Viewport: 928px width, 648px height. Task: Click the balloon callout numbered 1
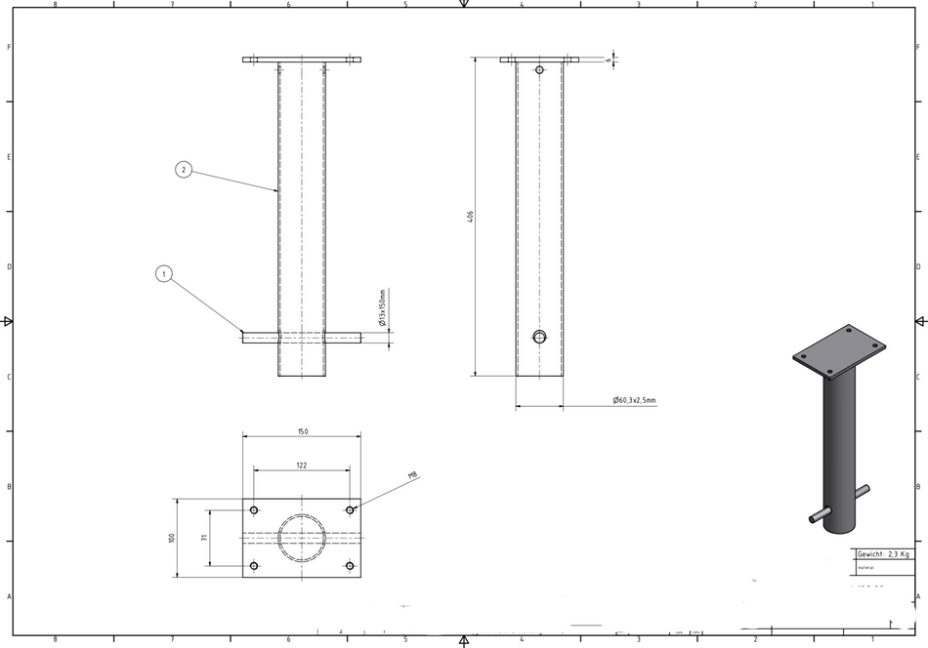pyautogui.click(x=164, y=274)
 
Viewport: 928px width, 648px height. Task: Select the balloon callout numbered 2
pyautogui.click(x=184, y=169)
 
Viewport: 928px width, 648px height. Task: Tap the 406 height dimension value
pyautogui.click(x=471, y=217)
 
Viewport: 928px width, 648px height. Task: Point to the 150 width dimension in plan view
pyautogui.click(x=302, y=431)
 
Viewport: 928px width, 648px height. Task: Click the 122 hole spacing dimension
pyautogui.click(x=302, y=466)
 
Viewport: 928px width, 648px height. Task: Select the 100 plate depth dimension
pyautogui.click(x=171, y=538)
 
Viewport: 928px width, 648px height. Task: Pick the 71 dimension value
pyautogui.click(x=204, y=538)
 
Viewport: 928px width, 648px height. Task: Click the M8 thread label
pyautogui.click(x=412, y=475)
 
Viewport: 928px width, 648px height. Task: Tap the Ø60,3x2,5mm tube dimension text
pyautogui.click(x=634, y=400)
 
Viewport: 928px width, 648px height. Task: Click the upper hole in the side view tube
pyautogui.click(x=539, y=70)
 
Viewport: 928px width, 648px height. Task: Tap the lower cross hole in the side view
pyautogui.click(x=539, y=337)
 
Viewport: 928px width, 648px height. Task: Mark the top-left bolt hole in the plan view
pyautogui.click(x=254, y=510)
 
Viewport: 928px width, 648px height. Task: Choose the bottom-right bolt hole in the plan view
pyautogui.click(x=350, y=566)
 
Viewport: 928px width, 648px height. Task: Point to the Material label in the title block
pyautogui.click(x=865, y=566)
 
